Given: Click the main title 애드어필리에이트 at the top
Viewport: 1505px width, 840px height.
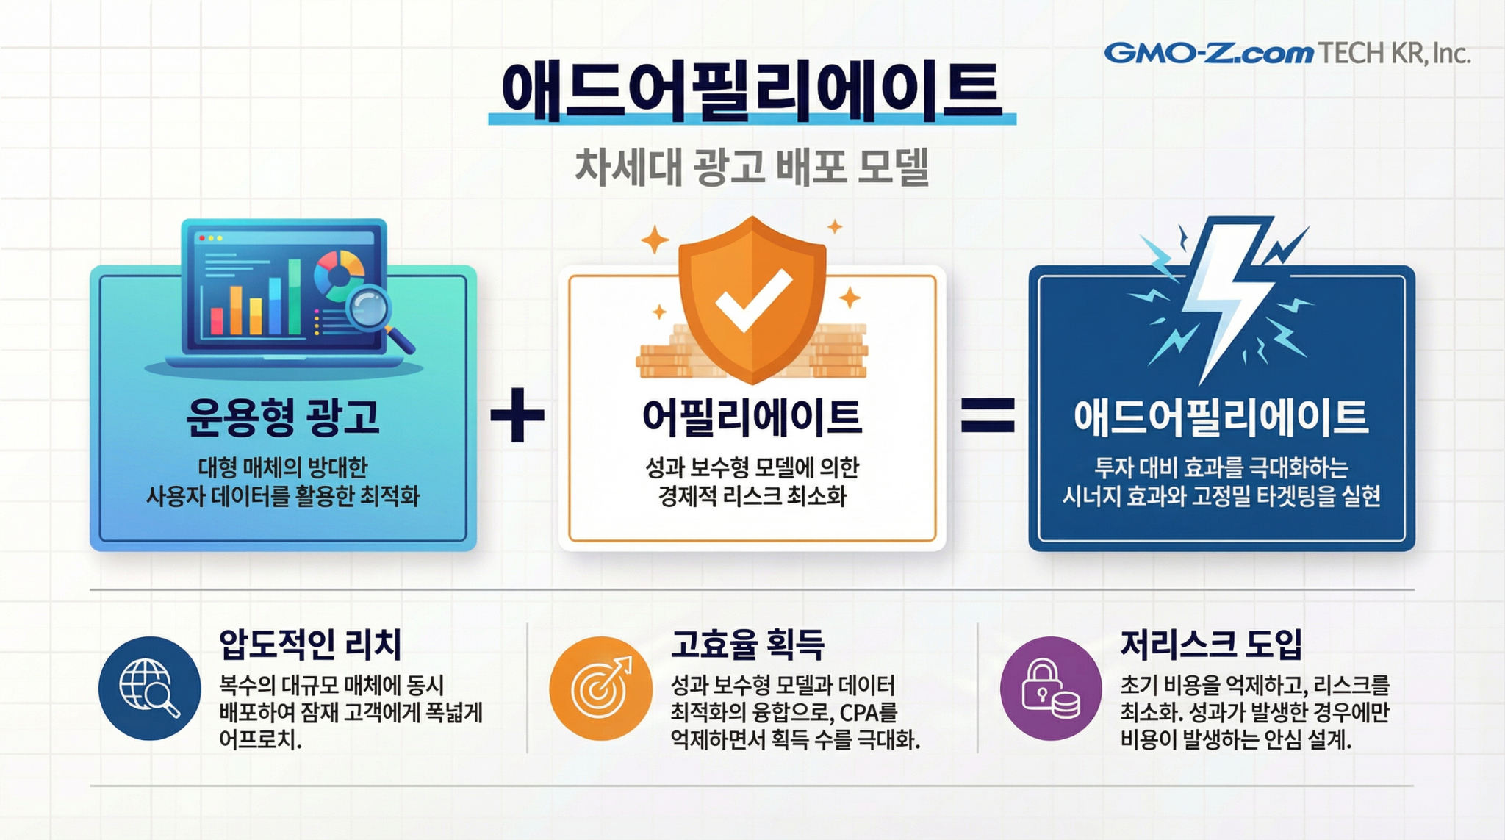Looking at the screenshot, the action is [751, 92].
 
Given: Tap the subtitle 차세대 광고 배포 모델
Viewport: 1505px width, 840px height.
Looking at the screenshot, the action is [752, 167].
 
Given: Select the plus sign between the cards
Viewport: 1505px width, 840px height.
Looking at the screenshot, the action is [517, 415].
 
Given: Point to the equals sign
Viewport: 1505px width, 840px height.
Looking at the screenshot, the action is [988, 415].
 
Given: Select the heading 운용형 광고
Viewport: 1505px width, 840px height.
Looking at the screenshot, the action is [283, 417].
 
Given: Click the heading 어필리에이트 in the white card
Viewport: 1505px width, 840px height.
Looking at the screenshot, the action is [752, 417].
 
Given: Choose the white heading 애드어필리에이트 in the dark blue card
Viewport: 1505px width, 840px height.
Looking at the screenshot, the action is [1221, 417].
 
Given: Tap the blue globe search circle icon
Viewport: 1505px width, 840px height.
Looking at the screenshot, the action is [150, 688].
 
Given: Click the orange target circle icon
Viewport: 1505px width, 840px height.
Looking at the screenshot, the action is [601, 688].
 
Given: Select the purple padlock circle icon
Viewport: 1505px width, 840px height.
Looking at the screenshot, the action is [1051, 688].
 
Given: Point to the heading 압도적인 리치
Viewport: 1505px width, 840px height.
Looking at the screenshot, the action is [310, 645].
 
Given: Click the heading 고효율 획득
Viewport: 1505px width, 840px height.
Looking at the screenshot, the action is [747, 645].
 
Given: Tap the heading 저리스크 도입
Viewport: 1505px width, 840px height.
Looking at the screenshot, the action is [1211, 645].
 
